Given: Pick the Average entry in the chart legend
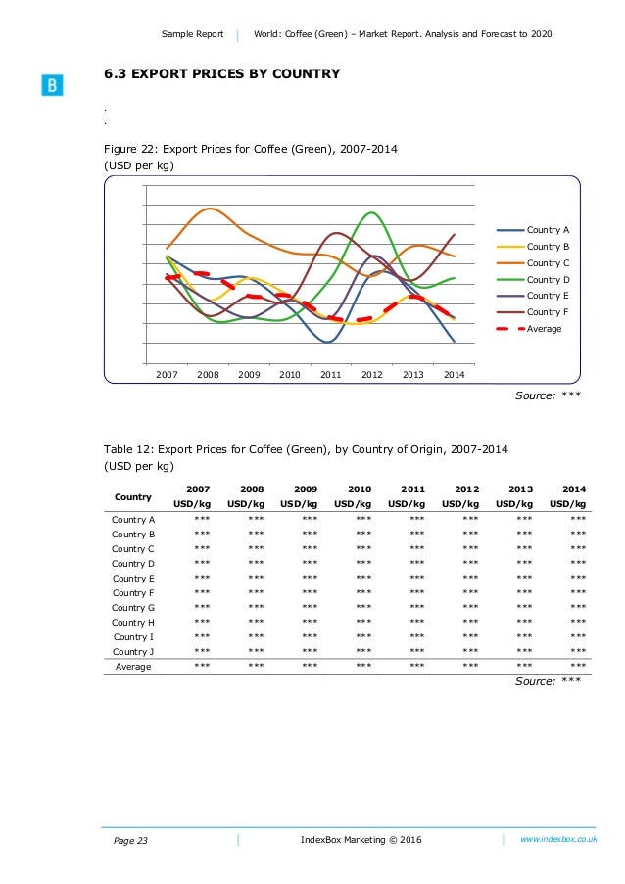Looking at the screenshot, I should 544,329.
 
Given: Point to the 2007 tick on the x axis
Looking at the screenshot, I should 167,374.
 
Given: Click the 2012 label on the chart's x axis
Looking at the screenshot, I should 372,374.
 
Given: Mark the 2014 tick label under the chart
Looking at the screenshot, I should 455,374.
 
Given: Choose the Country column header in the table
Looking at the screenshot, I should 133,496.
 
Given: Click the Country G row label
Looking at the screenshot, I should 133,607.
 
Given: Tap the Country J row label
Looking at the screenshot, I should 133,651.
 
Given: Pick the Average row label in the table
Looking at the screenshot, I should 133,666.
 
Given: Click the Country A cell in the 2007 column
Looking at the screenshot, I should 202,519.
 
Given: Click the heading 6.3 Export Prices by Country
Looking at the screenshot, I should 222,73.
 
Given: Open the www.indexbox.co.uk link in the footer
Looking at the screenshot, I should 558,839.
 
